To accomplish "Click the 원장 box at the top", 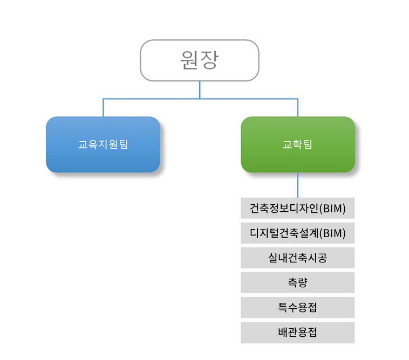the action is pyautogui.click(x=200, y=60).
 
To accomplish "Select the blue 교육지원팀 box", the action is pyautogui.click(x=103, y=144).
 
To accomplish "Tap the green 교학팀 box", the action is pyautogui.click(x=298, y=144).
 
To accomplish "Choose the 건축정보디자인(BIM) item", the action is pyautogui.click(x=298, y=208).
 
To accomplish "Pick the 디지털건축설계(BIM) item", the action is pyautogui.click(x=298, y=233).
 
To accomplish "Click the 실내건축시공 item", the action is pyautogui.click(x=298, y=258).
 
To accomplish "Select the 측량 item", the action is pyautogui.click(x=298, y=282).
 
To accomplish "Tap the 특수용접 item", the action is pyautogui.click(x=298, y=307).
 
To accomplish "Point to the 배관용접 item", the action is pyautogui.click(x=298, y=333).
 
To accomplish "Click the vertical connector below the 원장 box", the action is pyautogui.click(x=200, y=90).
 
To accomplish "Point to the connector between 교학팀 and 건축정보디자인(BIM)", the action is pyautogui.click(x=298, y=185).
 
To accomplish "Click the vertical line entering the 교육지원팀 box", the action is pyautogui.click(x=103, y=108).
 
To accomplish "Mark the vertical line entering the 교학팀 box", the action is pyautogui.click(x=298, y=108).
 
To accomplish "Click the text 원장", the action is pyautogui.click(x=200, y=60).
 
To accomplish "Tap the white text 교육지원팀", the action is pyautogui.click(x=103, y=144).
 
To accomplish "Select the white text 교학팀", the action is pyautogui.click(x=298, y=144).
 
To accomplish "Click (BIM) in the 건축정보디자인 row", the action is pyautogui.click(x=332, y=209).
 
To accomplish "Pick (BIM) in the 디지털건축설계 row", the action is pyautogui.click(x=332, y=233).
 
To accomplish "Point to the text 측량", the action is pyautogui.click(x=298, y=282).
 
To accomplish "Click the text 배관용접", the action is pyautogui.click(x=298, y=333).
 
